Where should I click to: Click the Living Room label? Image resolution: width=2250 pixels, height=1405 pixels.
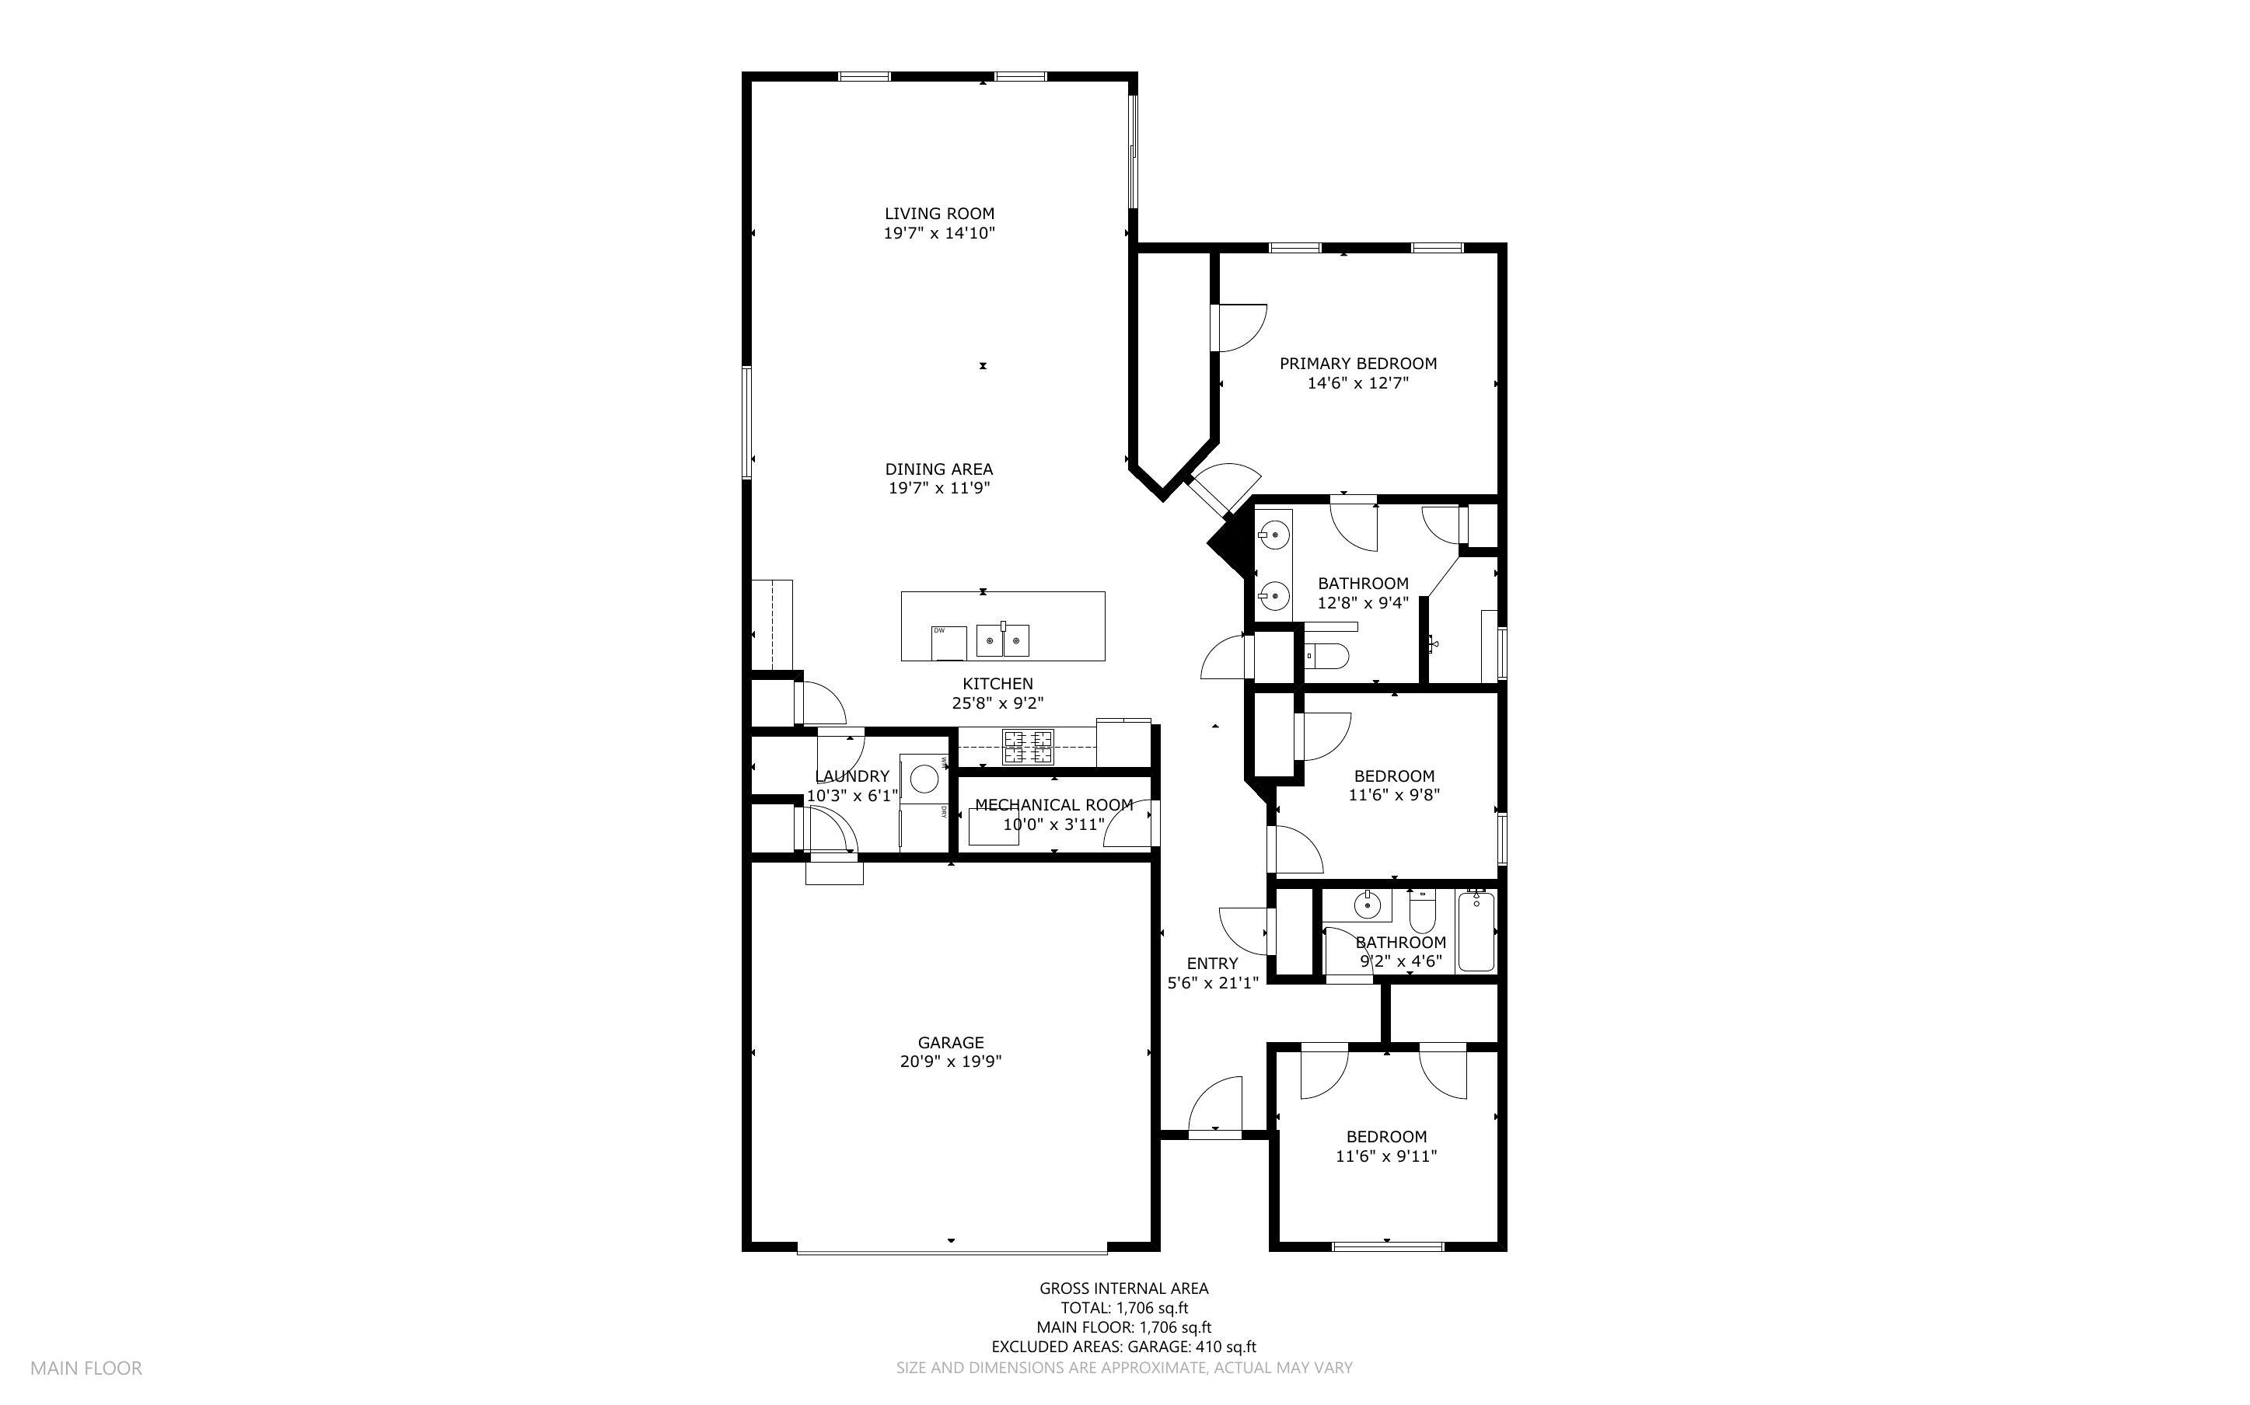point(938,214)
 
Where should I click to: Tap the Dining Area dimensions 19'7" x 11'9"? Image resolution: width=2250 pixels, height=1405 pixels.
point(938,489)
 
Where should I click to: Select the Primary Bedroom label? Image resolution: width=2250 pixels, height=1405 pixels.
point(1357,364)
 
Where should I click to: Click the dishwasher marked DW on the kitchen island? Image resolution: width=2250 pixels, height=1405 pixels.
point(949,642)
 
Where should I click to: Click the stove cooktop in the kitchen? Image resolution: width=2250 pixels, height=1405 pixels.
point(1027,747)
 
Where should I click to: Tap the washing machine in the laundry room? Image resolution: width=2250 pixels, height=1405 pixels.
point(924,778)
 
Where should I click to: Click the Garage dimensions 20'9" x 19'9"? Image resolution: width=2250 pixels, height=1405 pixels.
point(950,1062)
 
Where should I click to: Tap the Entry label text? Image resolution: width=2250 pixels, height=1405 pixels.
point(1212,964)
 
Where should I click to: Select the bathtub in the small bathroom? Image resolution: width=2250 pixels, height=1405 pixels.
point(1476,931)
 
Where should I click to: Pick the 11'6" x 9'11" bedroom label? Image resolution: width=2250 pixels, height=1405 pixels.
point(1385,1136)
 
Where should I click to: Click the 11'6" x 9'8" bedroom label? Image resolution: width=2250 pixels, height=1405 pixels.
point(1393,776)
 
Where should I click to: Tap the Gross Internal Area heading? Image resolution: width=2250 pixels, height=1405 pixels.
point(1123,1288)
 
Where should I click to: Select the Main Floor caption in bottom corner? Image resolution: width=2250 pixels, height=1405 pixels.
point(86,1368)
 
